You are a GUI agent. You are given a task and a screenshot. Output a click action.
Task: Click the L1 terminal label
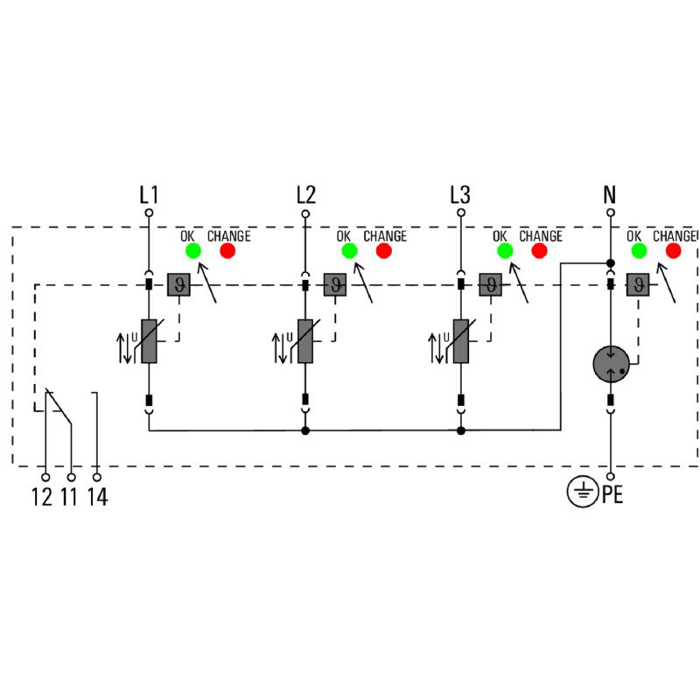pos(149,194)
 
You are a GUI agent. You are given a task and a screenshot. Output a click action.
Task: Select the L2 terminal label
pos(305,194)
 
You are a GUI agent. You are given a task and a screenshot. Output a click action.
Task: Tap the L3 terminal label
pos(460,194)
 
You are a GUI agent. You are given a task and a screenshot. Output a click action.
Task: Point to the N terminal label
pos(610,194)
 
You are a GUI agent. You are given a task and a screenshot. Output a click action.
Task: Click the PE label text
pos(612,495)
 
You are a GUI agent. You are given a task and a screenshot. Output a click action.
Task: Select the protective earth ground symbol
pos(580,493)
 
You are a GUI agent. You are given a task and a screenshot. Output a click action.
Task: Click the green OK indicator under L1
pos(193,251)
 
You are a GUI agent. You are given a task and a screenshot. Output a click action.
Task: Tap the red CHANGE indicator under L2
pos(383,251)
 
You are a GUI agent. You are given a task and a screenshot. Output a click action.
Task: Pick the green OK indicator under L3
pos(505,251)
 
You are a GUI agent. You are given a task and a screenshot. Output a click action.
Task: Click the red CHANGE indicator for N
pos(673,251)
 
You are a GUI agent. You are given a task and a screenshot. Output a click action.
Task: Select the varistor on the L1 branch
pos(149,341)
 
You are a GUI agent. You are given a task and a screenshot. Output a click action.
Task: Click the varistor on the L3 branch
pos(460,341)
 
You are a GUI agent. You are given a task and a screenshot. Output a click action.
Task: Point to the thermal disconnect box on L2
pos(335,284)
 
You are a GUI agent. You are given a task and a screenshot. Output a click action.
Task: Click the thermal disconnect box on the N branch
pos(640,284)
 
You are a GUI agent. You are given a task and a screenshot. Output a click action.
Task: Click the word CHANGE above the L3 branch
pos(540,236)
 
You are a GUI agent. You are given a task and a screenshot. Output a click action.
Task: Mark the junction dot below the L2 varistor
pos(305,430)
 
